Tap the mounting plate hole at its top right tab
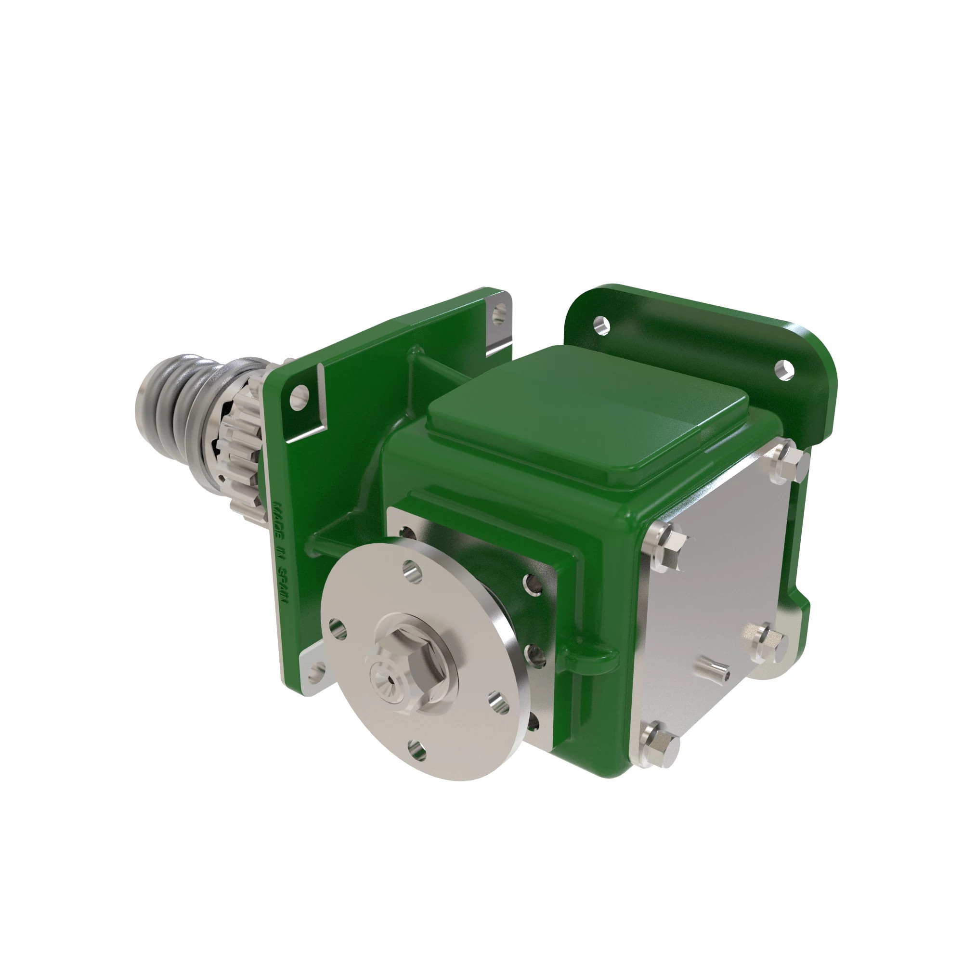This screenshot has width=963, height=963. (x=499, y=313)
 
